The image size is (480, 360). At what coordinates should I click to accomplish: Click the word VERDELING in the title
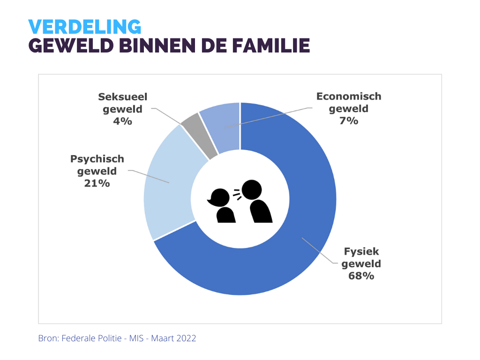tap(84, 27)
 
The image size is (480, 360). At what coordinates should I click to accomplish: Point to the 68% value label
tap(361, 276)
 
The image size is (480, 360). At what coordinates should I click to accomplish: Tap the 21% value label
tap(97, 183)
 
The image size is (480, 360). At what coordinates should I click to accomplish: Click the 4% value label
tap(122, 121)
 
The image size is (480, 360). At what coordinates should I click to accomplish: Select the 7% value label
tap(349, 121)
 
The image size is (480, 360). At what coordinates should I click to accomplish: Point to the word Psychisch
tap(97, 158)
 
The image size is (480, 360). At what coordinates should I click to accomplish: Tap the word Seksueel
tap(122, 97)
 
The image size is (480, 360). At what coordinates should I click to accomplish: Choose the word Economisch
tap(349, 97)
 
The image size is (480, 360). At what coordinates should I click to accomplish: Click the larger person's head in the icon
tap(252, 189)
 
